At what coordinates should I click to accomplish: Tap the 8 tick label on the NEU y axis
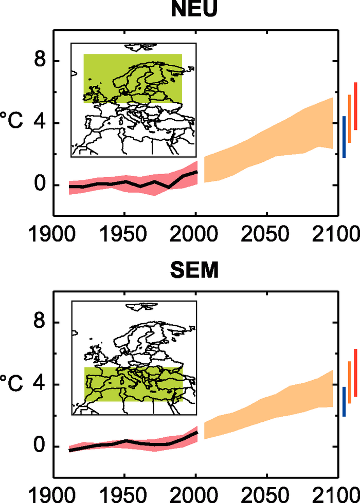click(40, 61)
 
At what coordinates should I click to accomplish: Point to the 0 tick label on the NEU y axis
click(40, 185)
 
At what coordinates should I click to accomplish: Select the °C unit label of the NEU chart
click(12, 123)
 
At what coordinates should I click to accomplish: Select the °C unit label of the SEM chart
click(12, 385)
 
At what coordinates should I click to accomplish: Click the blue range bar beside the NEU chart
click(344, 137)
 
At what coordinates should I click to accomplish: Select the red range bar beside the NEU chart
click(355, 106)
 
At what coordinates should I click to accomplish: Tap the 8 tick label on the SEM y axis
click(40, 323)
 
